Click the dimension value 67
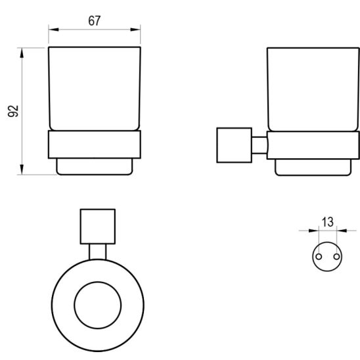94,20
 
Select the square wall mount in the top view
97,227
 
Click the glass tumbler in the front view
95,89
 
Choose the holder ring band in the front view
95,145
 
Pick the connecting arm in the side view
259,145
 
